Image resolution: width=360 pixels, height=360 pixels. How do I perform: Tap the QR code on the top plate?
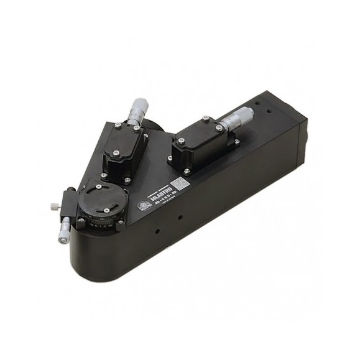tap(178, 184)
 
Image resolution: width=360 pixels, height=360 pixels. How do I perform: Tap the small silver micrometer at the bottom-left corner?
tap(63, 232)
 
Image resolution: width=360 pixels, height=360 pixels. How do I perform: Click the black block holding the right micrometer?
tap(199, 146)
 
